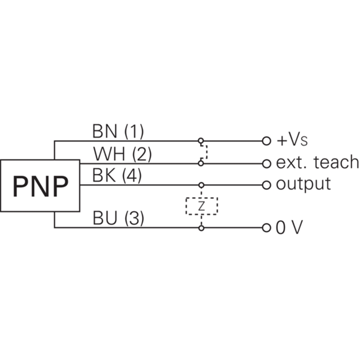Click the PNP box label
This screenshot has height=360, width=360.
coord(40,185)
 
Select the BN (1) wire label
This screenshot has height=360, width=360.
coord(118,132)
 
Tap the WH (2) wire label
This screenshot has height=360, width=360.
coord(122,154)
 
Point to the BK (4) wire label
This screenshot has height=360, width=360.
coord(117,176)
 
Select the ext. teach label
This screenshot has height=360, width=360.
coord(317,162)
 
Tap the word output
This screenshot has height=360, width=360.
coord(303,184)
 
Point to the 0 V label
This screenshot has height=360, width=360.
coord(289,228)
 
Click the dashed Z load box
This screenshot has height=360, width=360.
coord(202,206)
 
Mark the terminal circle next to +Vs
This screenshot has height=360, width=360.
coord(266,141)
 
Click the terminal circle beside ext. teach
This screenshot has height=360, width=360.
coord(266,163)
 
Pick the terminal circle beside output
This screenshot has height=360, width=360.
coord(266,184)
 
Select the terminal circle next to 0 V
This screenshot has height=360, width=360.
coord(266,228)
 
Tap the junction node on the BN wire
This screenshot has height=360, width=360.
coord(201,141)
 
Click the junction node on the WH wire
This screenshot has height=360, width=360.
coord(201,163)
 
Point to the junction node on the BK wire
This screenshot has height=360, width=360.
coord(201,184)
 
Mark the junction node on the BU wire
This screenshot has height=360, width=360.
coord(201,228)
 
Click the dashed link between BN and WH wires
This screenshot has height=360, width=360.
coord(205,152)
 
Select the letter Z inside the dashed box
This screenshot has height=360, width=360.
coord(202,206)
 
